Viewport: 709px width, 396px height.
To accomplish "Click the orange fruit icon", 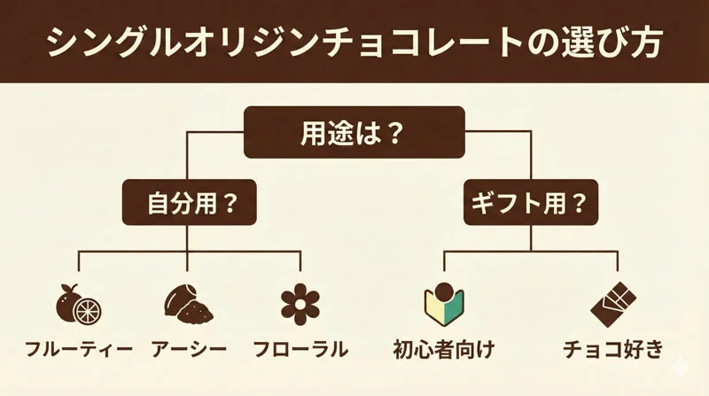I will click(x=78, y=305).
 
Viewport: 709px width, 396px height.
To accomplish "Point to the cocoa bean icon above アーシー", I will click(x=189, y=305).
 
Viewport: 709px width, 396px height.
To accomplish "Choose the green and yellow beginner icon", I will click(x=444, y=305).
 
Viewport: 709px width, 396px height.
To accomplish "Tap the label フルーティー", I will click(x=78, y=349).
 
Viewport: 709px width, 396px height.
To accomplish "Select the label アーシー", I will click(x=189, y=349).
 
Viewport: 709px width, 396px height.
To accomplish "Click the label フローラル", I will click(x=300, y=349).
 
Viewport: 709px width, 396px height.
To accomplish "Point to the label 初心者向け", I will click(x=444, y=349).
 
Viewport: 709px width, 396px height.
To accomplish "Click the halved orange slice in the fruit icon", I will click(x=89, y=310).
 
